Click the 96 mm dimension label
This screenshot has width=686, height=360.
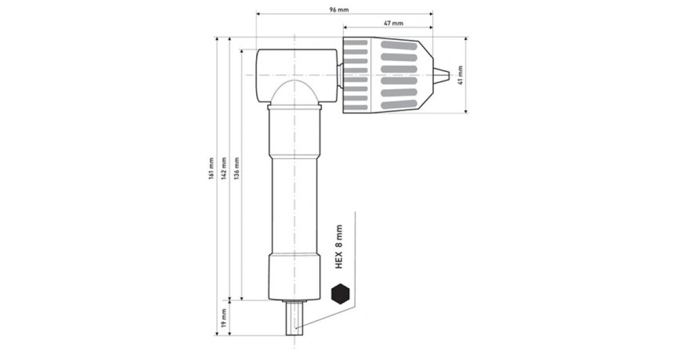[x=339, y=10]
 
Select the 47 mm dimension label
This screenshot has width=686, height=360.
[x=393, y=23]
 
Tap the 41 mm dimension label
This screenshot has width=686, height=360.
[x=460, y=75]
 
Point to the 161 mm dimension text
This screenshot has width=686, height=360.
[x=211, y=169]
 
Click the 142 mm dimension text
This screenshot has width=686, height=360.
[x=224, y=169]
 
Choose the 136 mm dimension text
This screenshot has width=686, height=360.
[x=237, y=169]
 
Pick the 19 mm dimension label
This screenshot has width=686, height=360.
[x=224, y=318]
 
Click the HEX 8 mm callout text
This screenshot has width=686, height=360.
[x=338, y=247]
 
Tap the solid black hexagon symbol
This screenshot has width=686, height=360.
[x=340, y=294]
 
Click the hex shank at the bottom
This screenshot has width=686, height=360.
[x=294, y=318]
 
